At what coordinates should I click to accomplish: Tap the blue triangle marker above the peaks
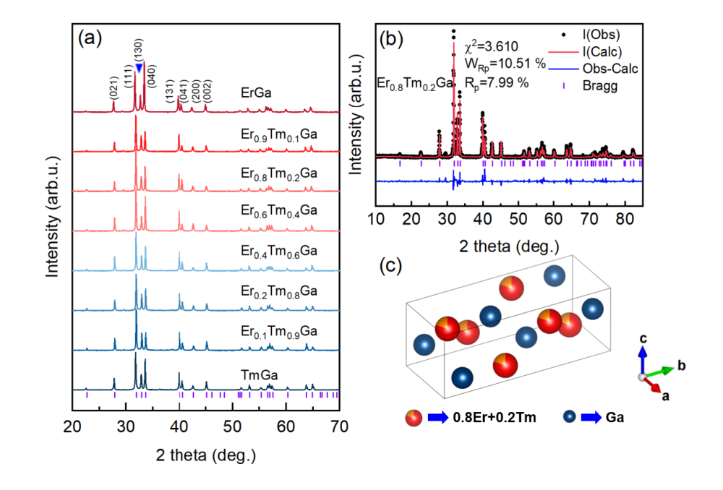pyautogui.click(x=139, y=67)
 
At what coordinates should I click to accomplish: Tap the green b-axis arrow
pyautogui.click(x=660, y=371)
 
